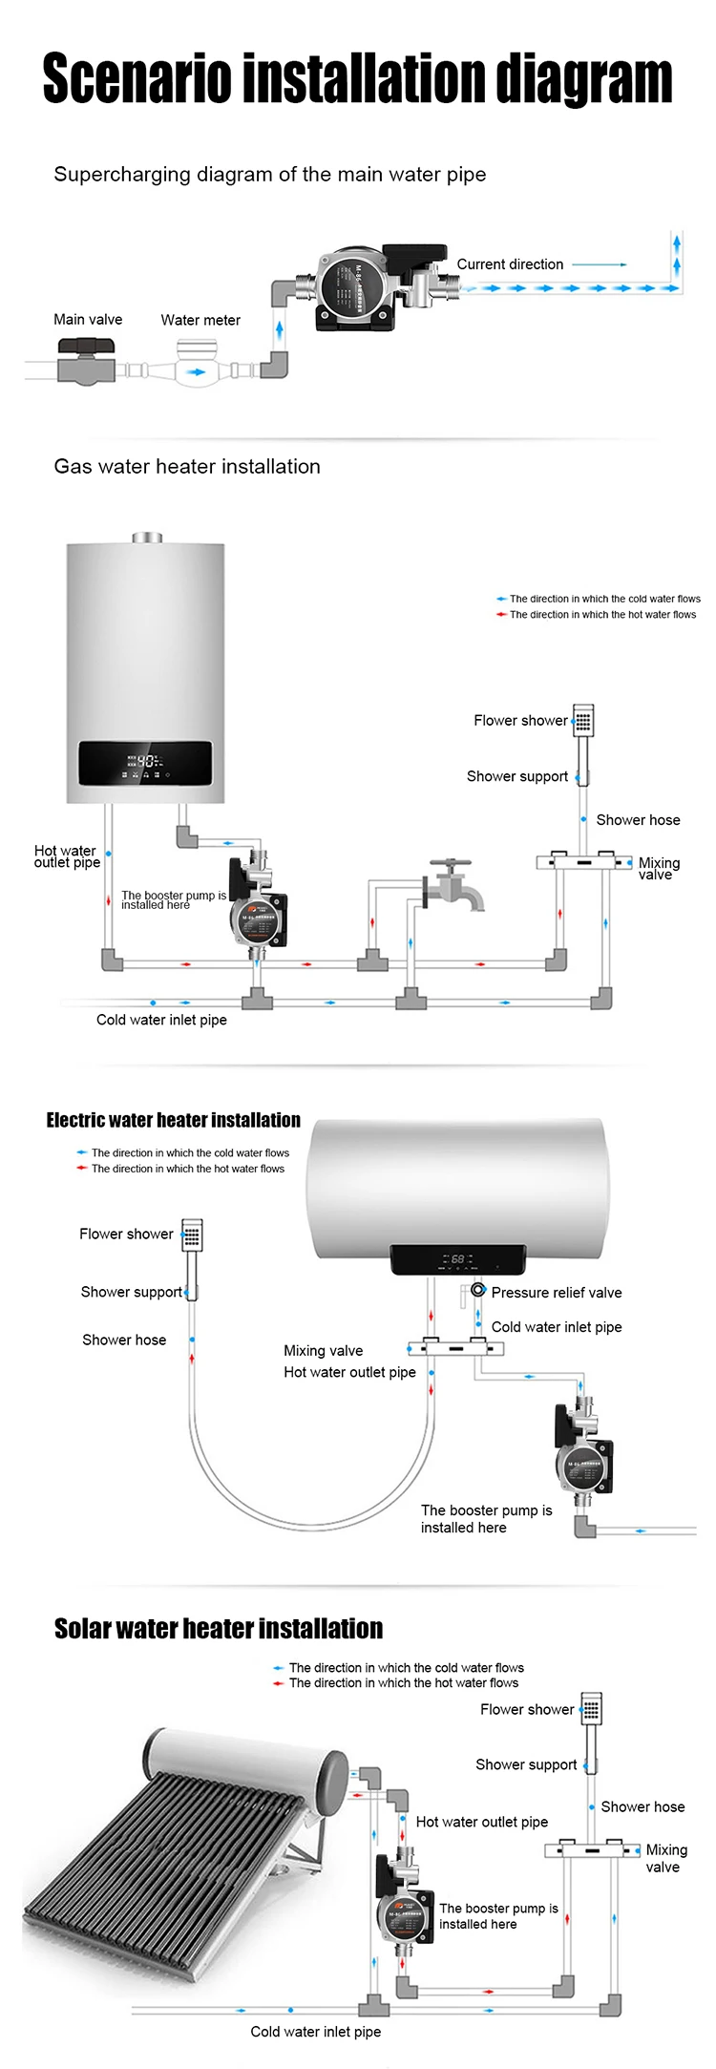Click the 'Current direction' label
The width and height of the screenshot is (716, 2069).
510,264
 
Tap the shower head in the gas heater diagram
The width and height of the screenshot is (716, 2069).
582,720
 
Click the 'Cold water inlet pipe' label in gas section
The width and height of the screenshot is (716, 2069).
161,1020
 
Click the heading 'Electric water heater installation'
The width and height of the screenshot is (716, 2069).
173,1120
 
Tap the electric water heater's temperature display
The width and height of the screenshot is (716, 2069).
457,1259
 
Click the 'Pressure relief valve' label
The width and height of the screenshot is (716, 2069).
556,1293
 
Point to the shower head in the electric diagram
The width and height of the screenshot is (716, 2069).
192,1234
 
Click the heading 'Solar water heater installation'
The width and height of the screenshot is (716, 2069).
218,1628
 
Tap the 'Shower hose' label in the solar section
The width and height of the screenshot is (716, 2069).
642,1806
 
